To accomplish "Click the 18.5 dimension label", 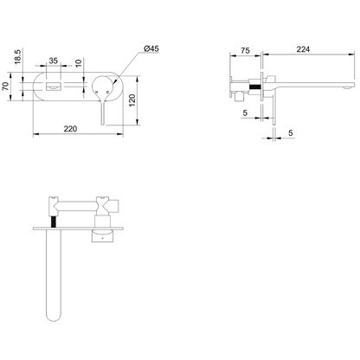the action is (x=18, y=56).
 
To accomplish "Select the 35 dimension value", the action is (x=54, y=61).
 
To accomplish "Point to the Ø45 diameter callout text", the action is (x=151, y=48).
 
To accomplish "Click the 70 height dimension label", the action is (x=5, y=87).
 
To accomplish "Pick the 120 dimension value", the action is (x=132, y=100).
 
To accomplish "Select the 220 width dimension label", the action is (x=70, y=129).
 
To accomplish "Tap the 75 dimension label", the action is (x=245, y=50).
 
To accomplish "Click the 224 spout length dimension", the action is (x=303, y=49).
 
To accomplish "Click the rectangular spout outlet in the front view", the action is (x=54, y=87).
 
